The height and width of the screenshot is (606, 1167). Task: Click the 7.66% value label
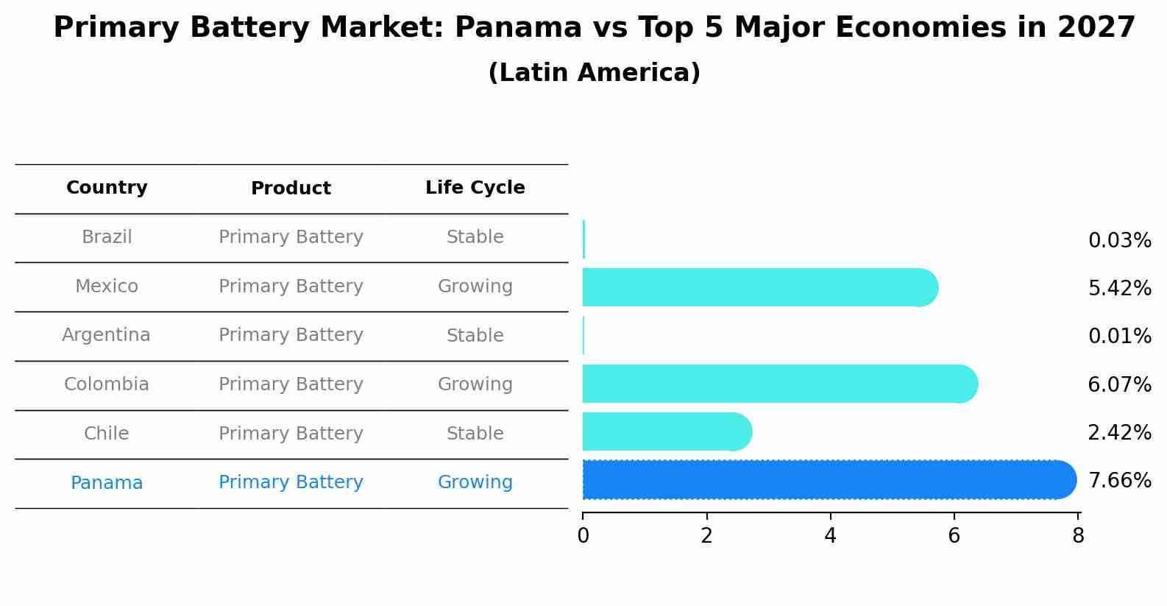point(1119,481)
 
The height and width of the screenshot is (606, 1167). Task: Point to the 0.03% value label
point(1119,241)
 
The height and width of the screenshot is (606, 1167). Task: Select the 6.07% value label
point(1119,384)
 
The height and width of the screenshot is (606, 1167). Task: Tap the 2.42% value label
point(1119,433)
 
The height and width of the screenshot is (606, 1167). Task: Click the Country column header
point(107,188)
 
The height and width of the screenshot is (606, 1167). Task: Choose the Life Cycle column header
point(475,188)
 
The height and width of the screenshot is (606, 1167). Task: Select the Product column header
point(291,189)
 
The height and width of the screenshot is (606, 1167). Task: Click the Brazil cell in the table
point(107,237)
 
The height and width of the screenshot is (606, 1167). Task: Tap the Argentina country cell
point(106,335)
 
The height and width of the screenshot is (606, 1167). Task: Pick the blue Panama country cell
point(107,483)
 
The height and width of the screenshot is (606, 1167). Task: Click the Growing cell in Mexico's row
point(475,286)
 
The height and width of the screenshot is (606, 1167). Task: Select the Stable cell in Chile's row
point(475,434)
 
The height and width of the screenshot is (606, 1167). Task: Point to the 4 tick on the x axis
point(830,536)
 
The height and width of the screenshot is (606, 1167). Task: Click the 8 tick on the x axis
point(1078,536)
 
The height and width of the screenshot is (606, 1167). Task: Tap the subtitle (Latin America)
point(594,73)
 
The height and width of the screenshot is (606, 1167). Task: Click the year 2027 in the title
point(1096,28)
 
